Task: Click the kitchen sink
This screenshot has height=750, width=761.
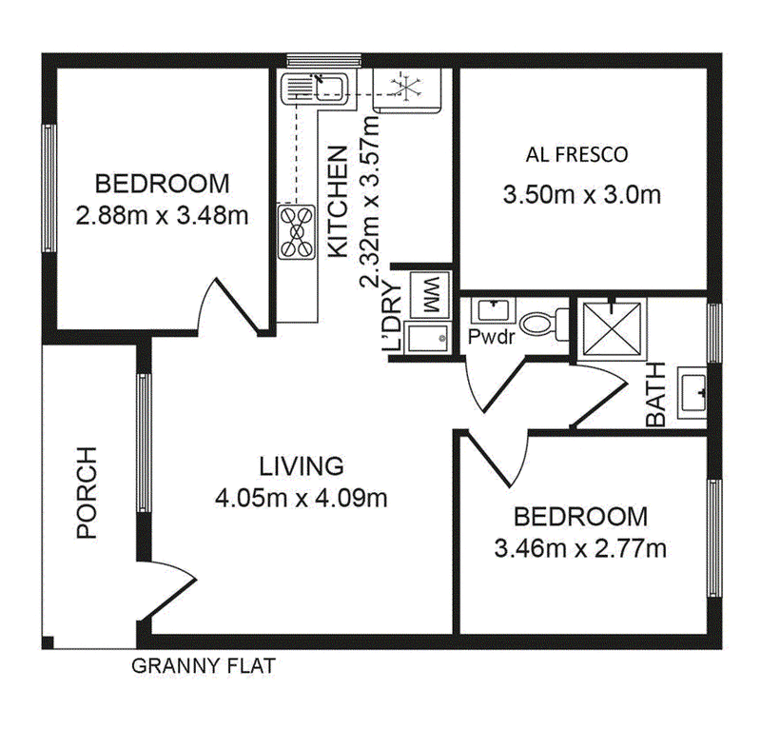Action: [x=314, y=88]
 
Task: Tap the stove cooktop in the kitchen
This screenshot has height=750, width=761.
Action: [x=297, y=232]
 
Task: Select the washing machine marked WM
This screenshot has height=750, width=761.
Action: [x=430, y=295]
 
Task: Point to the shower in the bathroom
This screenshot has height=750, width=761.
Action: [x=612, y=329]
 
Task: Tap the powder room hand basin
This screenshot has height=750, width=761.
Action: [x=494, y=310]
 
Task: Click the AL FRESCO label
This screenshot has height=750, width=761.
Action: [x=576, y=154]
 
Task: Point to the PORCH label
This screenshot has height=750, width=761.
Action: [x=88, y=492]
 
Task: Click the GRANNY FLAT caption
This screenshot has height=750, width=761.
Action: [x=204, y=665]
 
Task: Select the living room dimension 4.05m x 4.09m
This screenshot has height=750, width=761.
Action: [x=302, y=498]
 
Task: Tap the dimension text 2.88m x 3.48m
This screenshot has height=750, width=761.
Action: [x=162, y=215]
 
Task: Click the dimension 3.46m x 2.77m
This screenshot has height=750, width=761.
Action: [x=580, y=549]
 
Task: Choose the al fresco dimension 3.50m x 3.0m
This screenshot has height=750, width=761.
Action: [x=582, y=195]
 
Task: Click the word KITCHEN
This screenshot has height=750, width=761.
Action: [x=339, y=202]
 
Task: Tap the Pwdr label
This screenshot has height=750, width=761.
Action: [x=491, y=337]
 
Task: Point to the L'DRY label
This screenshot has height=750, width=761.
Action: [x=392, y=316]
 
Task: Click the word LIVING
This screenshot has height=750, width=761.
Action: [x=302, y=466]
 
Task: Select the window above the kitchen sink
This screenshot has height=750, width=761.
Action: [x=323, y=60]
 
